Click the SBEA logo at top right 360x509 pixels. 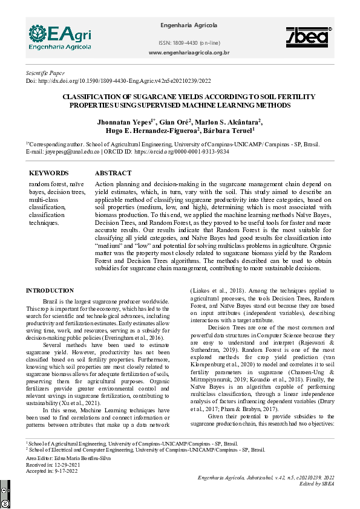[x=307, y=37]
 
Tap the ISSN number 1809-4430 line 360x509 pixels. [x=189, y=43]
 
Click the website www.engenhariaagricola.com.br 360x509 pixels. [x=189, y=53]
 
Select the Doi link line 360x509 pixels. [x=118, y=80]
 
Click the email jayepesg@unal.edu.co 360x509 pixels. [x=63, y=152]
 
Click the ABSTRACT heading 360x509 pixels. [x=113, y=173]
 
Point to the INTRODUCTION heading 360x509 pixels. [x=54, y=291]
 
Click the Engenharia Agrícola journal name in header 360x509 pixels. [x=188, y=25]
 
